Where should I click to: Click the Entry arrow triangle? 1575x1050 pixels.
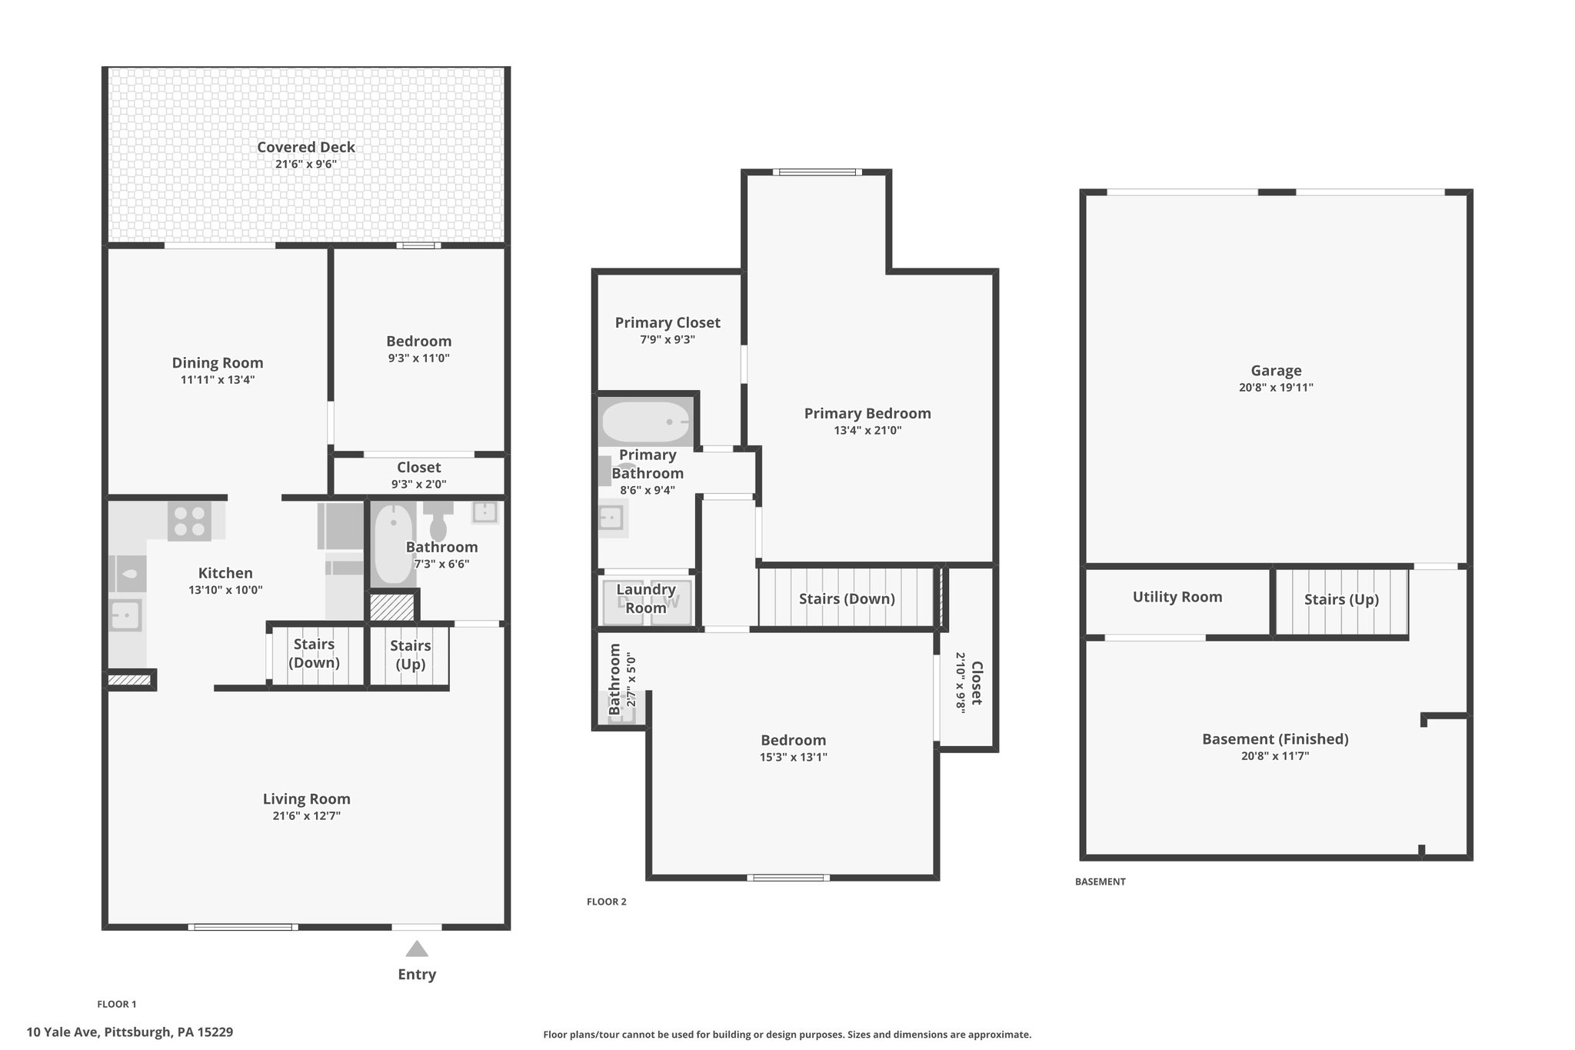pos(417,948)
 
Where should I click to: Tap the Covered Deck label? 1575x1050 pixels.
pos(306,147)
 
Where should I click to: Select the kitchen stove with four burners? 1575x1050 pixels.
pos(189,521)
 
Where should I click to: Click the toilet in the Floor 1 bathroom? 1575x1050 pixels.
pos(438,521)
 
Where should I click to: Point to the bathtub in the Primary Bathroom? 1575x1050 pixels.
pos(646,422)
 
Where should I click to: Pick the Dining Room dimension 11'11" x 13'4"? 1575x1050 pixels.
pos(218,380)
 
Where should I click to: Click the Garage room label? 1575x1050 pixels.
pos(1276,371)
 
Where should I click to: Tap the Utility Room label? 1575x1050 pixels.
pos(1177,597)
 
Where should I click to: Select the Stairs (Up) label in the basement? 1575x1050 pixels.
pos(1341,600)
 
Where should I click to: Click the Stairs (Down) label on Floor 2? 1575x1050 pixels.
pos(847,599)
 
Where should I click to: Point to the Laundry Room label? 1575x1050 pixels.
pos(646,598)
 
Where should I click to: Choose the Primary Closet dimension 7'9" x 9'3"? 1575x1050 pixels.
pos(668,340)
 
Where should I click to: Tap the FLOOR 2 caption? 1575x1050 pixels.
pos(607,902)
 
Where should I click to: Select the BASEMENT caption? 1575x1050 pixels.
pos(1101,882)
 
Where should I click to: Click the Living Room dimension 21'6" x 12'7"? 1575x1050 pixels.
pos(306,816)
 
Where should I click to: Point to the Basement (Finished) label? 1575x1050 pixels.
pos(1275,739)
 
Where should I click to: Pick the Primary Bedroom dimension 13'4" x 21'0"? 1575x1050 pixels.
pos(867,431)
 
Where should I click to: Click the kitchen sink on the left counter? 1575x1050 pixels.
pos(125,615)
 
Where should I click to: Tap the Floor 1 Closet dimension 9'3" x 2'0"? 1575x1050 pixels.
pos(418,485)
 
